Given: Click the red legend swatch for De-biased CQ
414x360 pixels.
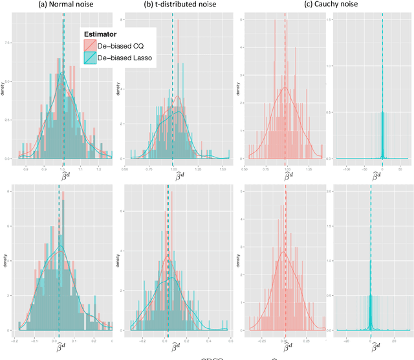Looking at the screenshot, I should (89, 45).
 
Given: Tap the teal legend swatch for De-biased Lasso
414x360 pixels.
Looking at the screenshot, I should (89, 58).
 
